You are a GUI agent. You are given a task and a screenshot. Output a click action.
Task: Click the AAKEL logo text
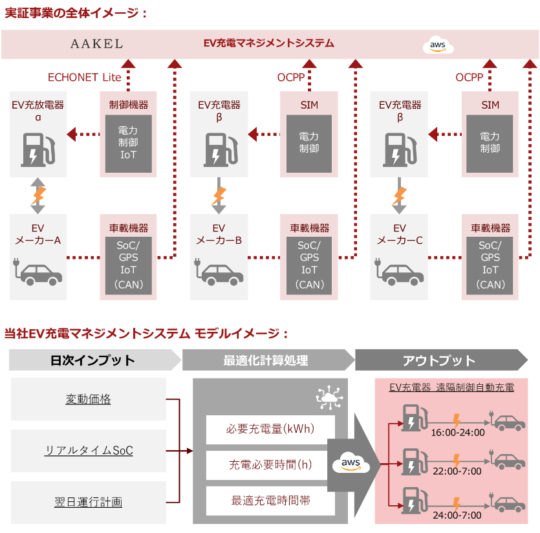[x=96, y=44]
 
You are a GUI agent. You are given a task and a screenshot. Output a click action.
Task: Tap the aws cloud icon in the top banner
[x=438, y=45]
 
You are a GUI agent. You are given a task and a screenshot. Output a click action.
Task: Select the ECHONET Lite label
[x=84, y=78]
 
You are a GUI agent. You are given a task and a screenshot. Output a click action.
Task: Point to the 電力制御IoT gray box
[x=129, y=144]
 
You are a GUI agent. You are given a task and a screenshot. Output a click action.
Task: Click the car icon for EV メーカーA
[x=38, y=272]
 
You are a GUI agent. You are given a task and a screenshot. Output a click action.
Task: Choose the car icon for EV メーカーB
[x=219, y=272]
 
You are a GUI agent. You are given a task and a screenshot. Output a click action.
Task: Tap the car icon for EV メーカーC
[x=400, y=272]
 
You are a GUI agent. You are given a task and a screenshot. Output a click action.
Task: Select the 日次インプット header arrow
[x=93, y=360]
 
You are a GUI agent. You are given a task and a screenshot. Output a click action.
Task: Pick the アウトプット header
[x=439, y=360]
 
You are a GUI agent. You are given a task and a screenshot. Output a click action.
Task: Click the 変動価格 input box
[x=89, y=399]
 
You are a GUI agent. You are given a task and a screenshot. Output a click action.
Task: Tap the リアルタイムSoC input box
[x=89, y=450]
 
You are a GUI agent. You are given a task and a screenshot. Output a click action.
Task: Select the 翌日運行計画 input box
[x=89, y=501]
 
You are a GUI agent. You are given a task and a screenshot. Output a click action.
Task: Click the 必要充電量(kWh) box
[x=270, y=430]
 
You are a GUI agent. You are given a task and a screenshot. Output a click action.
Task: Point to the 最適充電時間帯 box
[x=270, y=500]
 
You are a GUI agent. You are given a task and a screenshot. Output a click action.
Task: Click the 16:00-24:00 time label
[x=458, y=432]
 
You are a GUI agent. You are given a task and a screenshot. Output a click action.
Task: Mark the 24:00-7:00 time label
[x=458, y=515]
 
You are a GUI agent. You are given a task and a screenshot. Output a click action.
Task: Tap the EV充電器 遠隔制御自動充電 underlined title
[x=451, y=387]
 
